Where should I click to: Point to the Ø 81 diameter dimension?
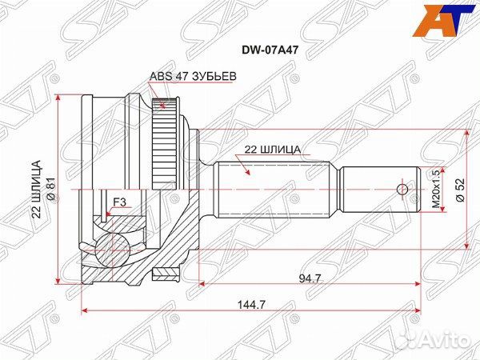[x=50, y=190]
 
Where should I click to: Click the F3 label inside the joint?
[x=119, y=203]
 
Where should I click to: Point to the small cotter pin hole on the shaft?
[x=402, y=190]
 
